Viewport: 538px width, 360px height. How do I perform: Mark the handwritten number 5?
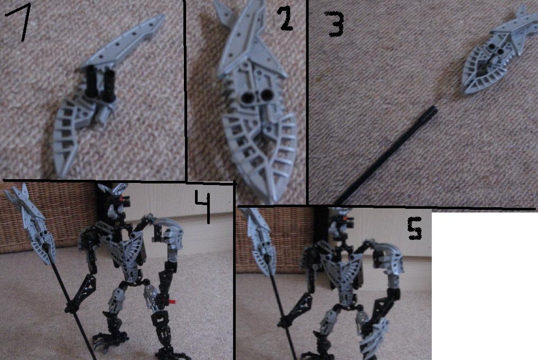[x=414, y=229]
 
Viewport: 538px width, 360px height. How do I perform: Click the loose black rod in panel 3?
[x=386, y=155]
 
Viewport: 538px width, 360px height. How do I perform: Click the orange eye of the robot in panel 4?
[x=122, y=197]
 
